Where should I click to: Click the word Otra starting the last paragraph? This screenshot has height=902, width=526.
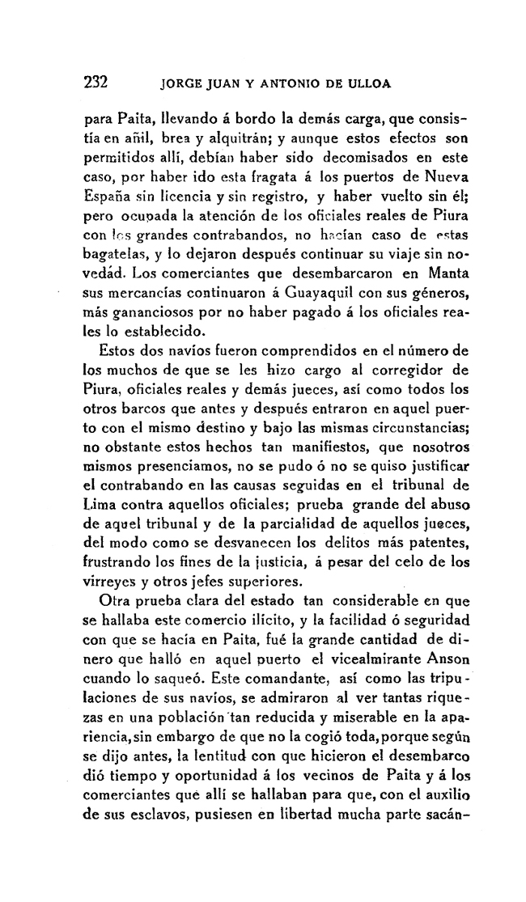(113, 600)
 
